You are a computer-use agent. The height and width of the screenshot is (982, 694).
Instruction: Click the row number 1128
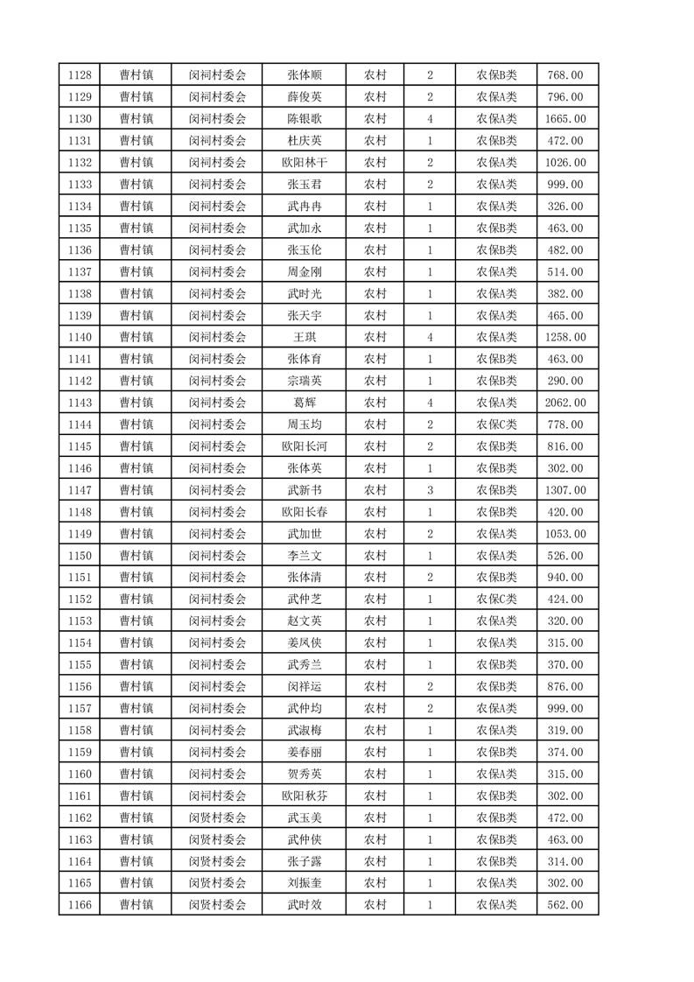79,75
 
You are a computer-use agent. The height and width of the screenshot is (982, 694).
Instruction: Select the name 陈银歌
304,119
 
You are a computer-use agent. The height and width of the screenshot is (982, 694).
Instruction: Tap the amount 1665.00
565,119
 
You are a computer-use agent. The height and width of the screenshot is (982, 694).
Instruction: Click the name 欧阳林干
304,163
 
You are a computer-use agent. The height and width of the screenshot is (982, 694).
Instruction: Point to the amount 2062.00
565,403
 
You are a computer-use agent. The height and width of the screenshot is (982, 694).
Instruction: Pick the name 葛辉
304,403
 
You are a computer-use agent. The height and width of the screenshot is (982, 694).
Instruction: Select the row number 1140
79,337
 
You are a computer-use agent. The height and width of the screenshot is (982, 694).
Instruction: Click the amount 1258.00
565,337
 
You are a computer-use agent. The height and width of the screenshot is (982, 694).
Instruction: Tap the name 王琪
304,337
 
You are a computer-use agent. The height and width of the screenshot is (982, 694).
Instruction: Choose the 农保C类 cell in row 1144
496,424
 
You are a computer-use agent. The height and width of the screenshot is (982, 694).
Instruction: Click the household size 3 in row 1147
430,490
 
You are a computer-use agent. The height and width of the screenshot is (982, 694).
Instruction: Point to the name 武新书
304,490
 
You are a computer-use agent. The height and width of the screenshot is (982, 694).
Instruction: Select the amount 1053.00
565,534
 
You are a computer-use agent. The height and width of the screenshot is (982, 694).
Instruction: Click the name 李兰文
304,556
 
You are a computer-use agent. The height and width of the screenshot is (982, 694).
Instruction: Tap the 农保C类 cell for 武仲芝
496,600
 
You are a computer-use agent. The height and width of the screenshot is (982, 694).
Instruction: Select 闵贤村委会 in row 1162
218,817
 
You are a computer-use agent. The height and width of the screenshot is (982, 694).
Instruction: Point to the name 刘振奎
304,883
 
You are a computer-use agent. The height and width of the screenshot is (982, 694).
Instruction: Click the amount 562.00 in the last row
565,905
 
